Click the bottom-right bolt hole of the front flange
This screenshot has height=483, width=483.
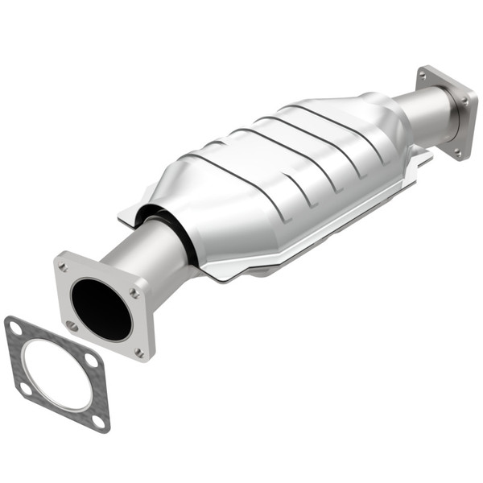pos(139,352)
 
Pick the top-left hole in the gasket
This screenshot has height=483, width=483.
pos(14,327)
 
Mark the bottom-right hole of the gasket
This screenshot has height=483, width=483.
pos(98,419)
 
